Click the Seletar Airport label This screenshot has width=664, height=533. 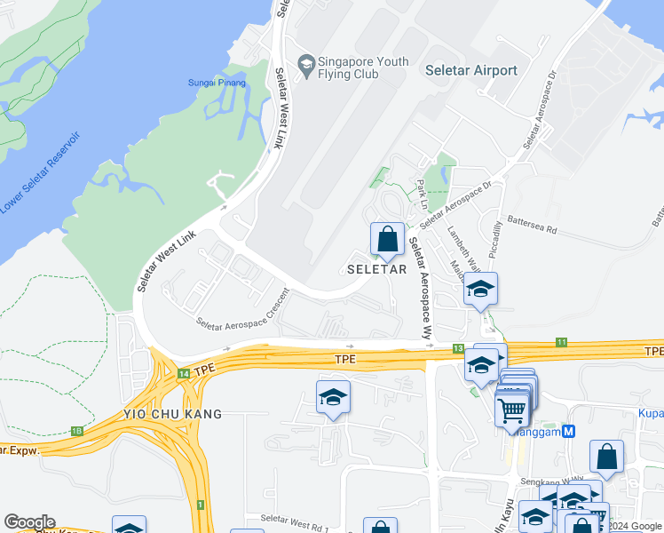(470, 70)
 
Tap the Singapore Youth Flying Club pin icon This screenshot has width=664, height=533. (306, 63)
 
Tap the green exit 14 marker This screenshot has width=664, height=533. (183, 375)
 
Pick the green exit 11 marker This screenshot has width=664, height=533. (561, 342)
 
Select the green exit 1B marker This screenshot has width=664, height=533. (76, 432)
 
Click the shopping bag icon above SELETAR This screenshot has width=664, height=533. (387, 238)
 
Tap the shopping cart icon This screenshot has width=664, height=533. (511, 411)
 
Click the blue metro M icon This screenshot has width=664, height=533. (569, 431)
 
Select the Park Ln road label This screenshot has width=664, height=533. (423, 195)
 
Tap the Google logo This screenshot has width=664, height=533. (29, 522)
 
